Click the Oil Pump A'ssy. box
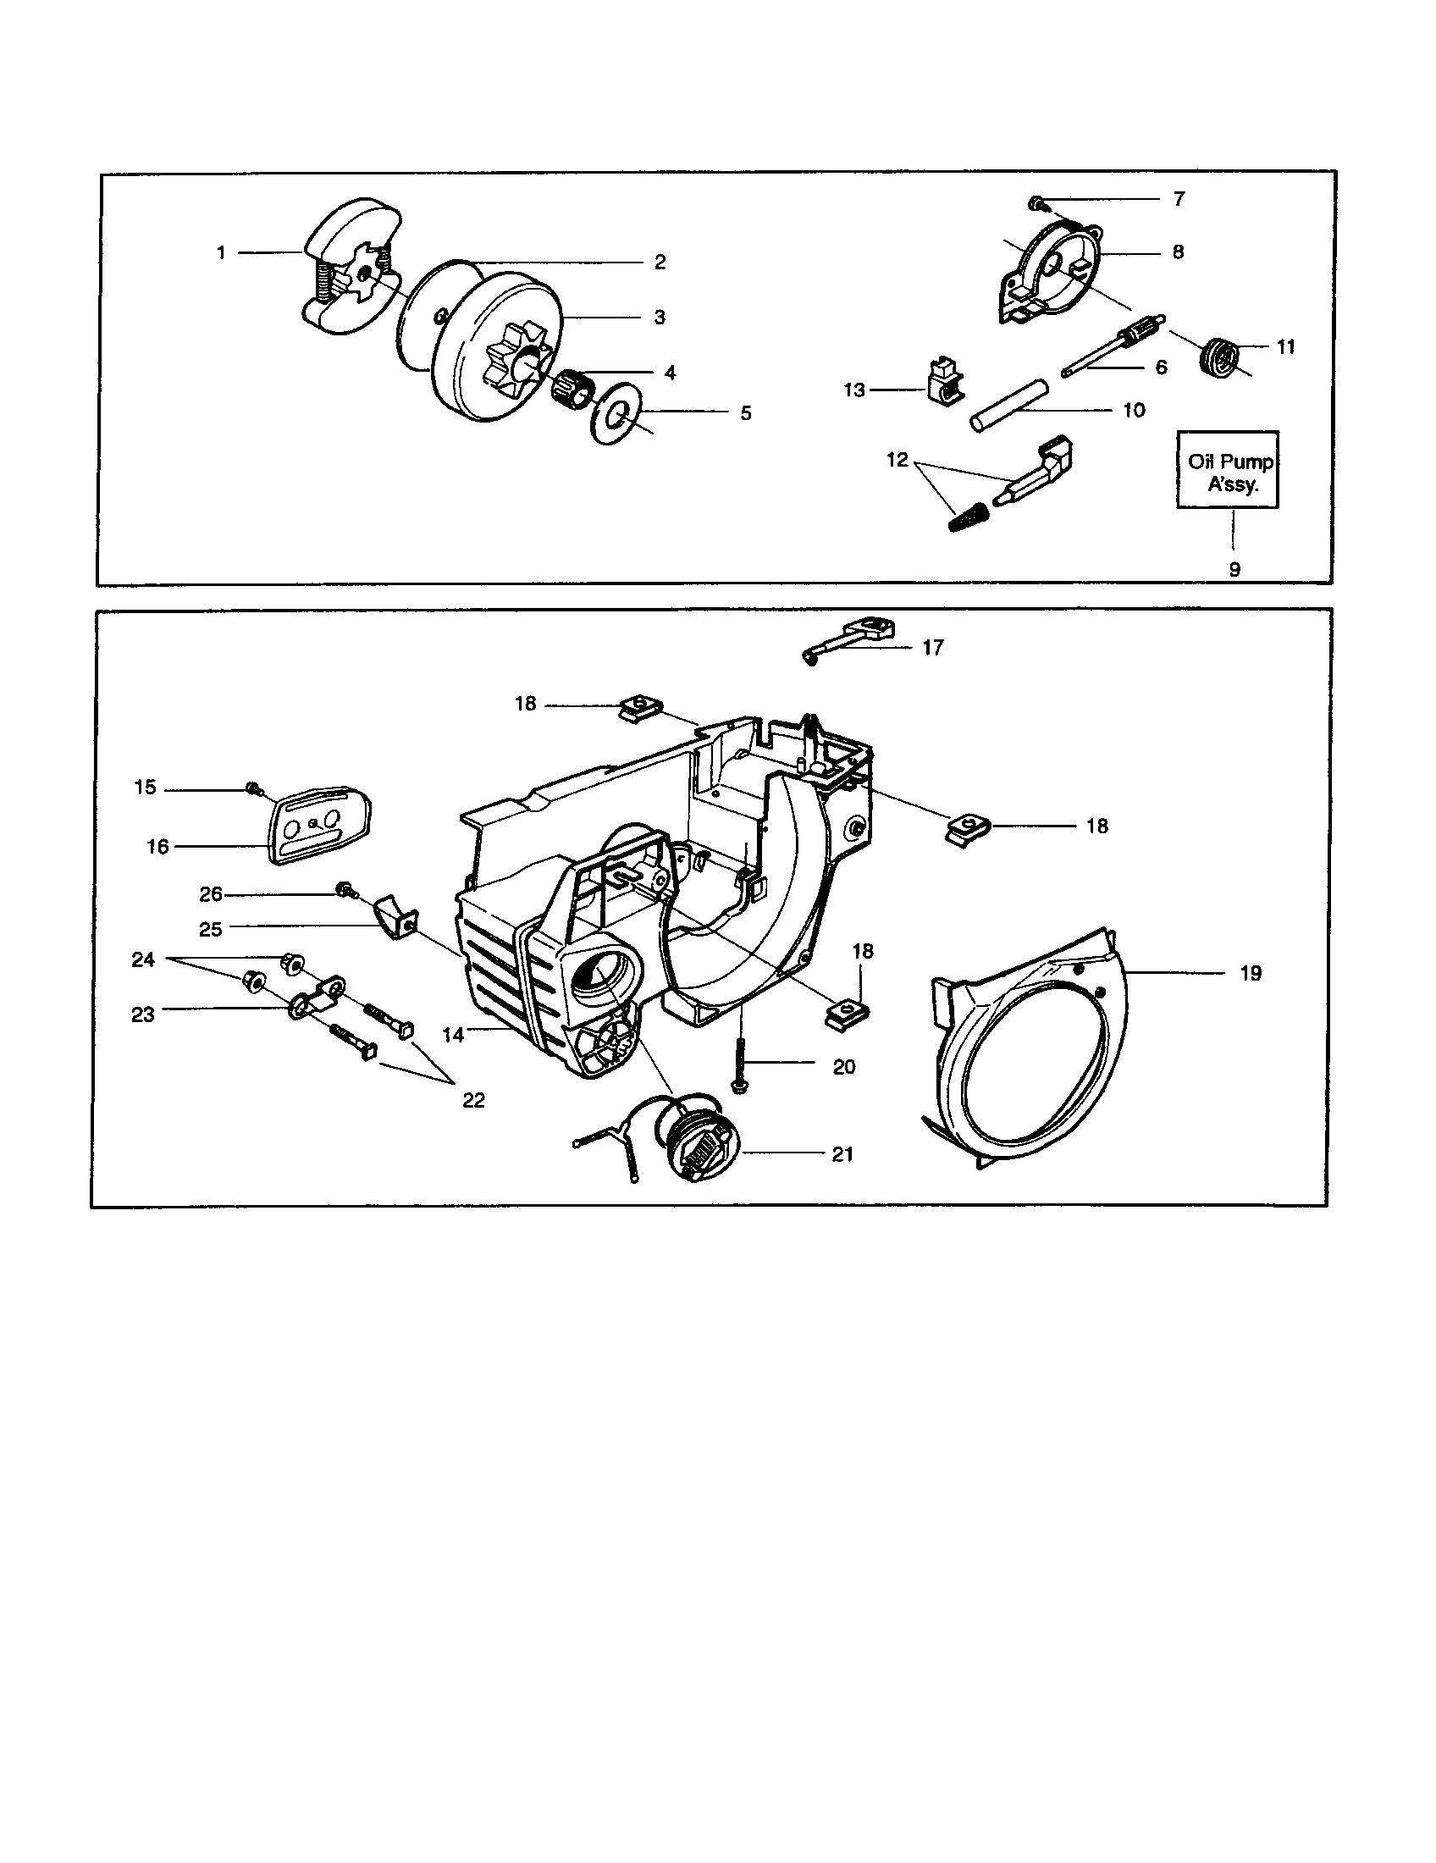click(x=1227, y=470)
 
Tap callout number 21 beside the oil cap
click(x=842, y=1154)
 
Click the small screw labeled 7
click(x=1036, y=203)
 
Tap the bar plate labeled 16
click(x=323, y=823)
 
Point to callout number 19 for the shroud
click(x=1250, y=974)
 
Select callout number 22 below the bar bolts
click(x=473, y=1101)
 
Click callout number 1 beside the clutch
click(x=221, y=253)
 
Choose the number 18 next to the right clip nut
click(x=1096, y=826)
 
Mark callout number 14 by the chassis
click(x=453, y=1035)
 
